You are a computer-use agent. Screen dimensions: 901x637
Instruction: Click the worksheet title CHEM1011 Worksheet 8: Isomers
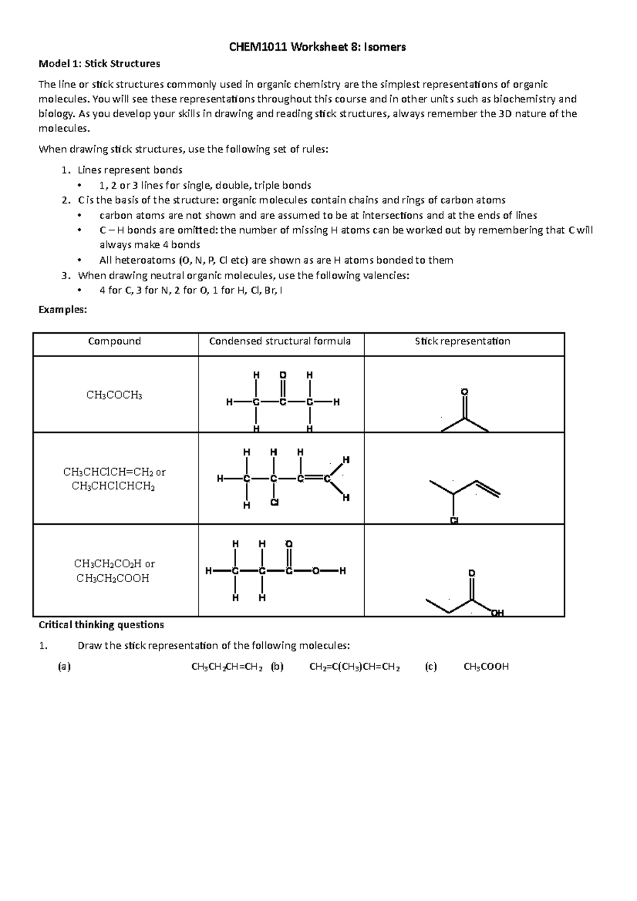coord(317,47)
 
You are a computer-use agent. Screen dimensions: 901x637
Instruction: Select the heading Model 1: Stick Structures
coord(99,64)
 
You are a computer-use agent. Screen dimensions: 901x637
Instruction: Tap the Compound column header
coord(115,341)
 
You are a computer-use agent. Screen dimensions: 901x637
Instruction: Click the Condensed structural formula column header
coord(280,341)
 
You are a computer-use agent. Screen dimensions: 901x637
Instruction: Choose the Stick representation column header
coord(462,341)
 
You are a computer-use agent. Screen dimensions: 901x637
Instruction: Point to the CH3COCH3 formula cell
coord(115,395)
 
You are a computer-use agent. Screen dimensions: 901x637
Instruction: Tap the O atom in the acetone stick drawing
coord(464,392)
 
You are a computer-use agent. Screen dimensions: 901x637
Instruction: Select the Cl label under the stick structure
coord(454,521)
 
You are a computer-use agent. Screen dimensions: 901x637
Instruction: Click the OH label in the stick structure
coord(497,613)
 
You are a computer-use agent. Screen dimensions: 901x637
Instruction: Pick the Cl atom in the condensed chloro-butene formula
coord(274,502)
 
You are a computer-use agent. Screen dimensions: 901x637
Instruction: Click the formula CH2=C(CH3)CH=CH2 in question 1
coord(355,667)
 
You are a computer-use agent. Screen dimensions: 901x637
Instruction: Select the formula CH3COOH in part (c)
coord(486,667)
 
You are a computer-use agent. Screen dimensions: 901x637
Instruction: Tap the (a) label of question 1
coord(64,667)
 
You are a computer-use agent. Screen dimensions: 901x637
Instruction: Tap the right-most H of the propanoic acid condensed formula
coord(342,571)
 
